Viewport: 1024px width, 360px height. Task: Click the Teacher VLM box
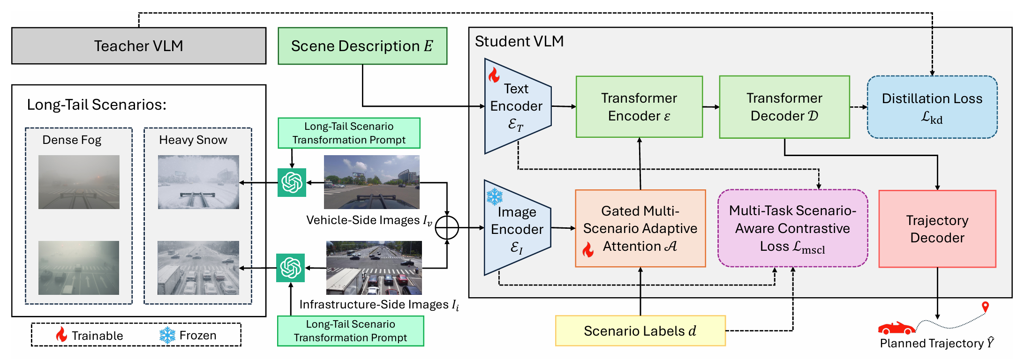[x=139, y=46]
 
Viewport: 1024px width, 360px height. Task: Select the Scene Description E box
[x=362, y=46]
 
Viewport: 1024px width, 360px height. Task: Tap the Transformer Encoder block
[x=639, y=107]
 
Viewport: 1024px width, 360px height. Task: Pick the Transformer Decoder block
[x=784, y=107]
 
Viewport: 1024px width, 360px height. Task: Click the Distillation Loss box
[x=932, y=107]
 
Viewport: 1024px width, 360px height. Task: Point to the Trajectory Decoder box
[x=937, y=229]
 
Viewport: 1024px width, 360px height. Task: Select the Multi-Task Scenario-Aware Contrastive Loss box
[x=792, y=228]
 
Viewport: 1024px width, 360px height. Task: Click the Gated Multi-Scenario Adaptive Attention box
[x=640, y=228]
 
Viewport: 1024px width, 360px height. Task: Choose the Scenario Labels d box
[x=640, y=331]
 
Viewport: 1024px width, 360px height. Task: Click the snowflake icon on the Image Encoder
[x=495, y=197]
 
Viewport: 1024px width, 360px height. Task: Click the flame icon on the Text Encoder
[x=494, y=75]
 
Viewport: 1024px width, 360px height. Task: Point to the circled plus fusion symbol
[x=447, y=228]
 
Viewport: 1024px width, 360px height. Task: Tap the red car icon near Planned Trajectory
[x=896, y=328]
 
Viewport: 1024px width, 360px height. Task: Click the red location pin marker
[x=985, y=307]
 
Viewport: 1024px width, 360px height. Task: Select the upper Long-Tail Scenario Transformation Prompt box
[x=349, y=133]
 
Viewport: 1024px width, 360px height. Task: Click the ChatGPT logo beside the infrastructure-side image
[x=291, y=268]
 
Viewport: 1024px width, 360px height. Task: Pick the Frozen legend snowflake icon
[x=167, y=335]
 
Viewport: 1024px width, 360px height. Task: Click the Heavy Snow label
[x=193, y=140]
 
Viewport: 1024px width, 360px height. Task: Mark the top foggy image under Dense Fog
[x=79, y=182]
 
